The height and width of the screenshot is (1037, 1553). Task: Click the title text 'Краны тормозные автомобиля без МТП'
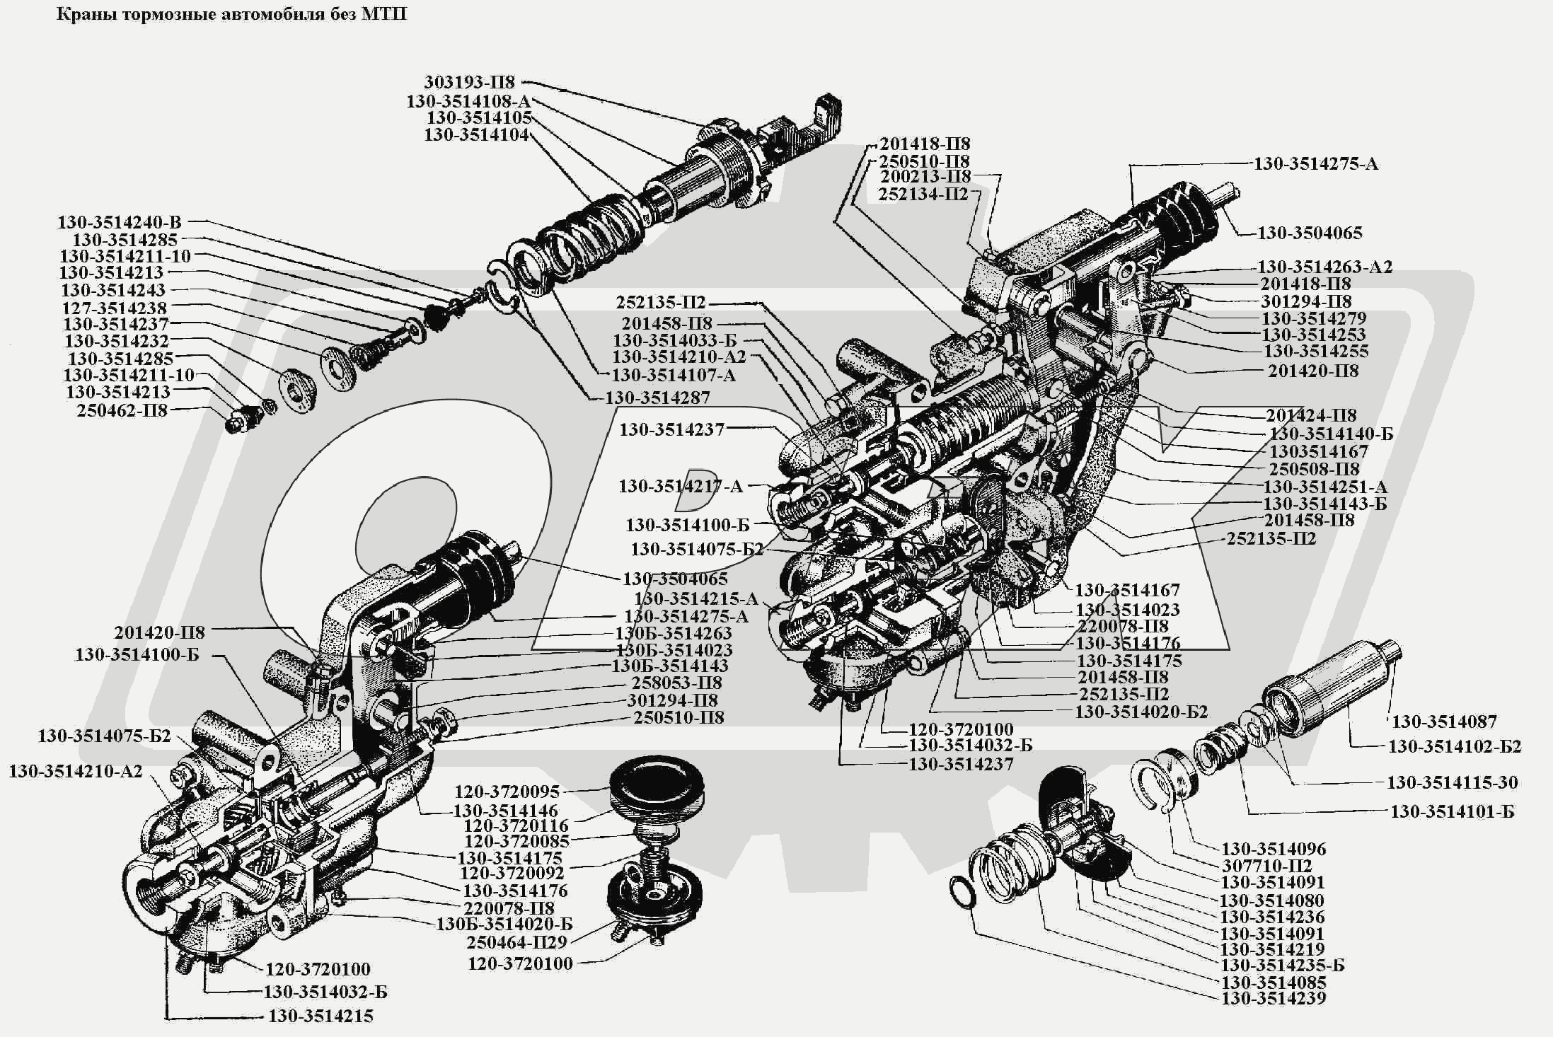click(x=231, y=14)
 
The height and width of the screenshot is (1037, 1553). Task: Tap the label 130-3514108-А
click(x=468, y=101)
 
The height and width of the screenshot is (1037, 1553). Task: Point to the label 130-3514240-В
click(x=120, y=222)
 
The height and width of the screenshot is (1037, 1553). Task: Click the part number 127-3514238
click(x=115, y=308)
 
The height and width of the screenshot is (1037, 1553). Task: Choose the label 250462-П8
click(x=122, y=410)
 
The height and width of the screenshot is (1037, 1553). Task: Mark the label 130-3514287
click(x=657, y=398)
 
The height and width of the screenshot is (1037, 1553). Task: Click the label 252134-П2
click(x=923, y=194)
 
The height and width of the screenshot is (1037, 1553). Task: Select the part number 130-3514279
click(x=1314, y=318)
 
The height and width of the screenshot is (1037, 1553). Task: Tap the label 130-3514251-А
click(x=1325, y=487)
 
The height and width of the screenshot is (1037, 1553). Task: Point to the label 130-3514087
click(x=1444, y=722)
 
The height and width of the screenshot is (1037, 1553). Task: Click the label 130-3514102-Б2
click(x=1455, y=747)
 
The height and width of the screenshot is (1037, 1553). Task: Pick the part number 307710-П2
click(x=1267, y=866)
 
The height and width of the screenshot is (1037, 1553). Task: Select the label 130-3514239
click(x=1274, y=998)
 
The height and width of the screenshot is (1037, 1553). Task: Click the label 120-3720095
click(x=507, y=792)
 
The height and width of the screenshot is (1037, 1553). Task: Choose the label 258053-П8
click(x=676, y=683)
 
